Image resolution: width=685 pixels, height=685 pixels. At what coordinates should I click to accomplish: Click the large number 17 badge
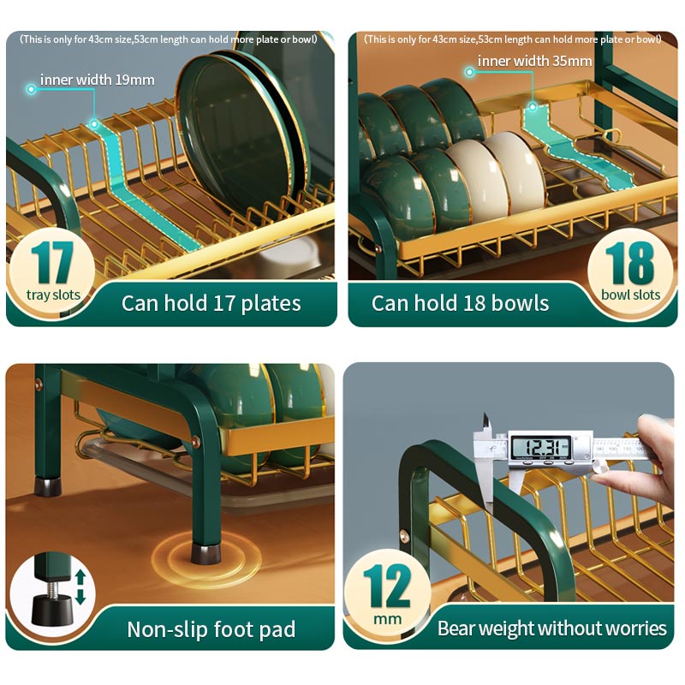click(x=52, y=262)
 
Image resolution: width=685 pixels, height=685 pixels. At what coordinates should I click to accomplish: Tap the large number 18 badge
click(x=629, y=262)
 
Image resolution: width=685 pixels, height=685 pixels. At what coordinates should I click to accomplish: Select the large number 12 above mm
click(x=387, y=586)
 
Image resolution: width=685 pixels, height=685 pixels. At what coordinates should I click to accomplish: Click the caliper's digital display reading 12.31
click(x=541, y=447)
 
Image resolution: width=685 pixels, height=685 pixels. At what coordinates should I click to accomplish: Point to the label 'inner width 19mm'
click(x=97, y=80)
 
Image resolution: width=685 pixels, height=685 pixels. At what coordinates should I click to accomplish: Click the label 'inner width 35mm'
click(x=534, y=61)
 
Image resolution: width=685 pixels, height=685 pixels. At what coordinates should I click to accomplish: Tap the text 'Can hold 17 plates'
click(x=211, y=303)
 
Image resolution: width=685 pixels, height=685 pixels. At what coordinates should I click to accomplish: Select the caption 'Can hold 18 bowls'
click(x=460, y=303)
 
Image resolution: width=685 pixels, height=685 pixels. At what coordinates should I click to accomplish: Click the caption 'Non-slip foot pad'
click(x=211, y=629)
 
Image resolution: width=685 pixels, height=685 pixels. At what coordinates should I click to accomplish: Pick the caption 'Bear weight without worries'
click(x=551, y=628)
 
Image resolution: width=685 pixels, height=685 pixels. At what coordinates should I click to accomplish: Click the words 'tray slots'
click(x=53, y=295)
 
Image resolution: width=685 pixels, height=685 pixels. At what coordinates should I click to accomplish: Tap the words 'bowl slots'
click(x=630, y=295)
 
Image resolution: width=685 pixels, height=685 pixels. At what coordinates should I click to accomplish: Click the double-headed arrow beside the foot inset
click(x=80, y=587)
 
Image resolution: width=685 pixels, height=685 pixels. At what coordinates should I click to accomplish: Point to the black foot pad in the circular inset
click(x=52, y=609)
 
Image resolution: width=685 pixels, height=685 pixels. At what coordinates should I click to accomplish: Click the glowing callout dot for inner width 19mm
click(x=31, y=89)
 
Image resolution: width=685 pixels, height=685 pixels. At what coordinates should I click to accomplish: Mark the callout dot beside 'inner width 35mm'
click(x=469, y=72)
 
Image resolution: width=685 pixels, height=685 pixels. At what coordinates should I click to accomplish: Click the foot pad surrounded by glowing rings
click(x=205, y=553)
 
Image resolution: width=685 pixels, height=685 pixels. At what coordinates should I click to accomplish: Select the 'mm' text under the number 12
click(x=387, y=619)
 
